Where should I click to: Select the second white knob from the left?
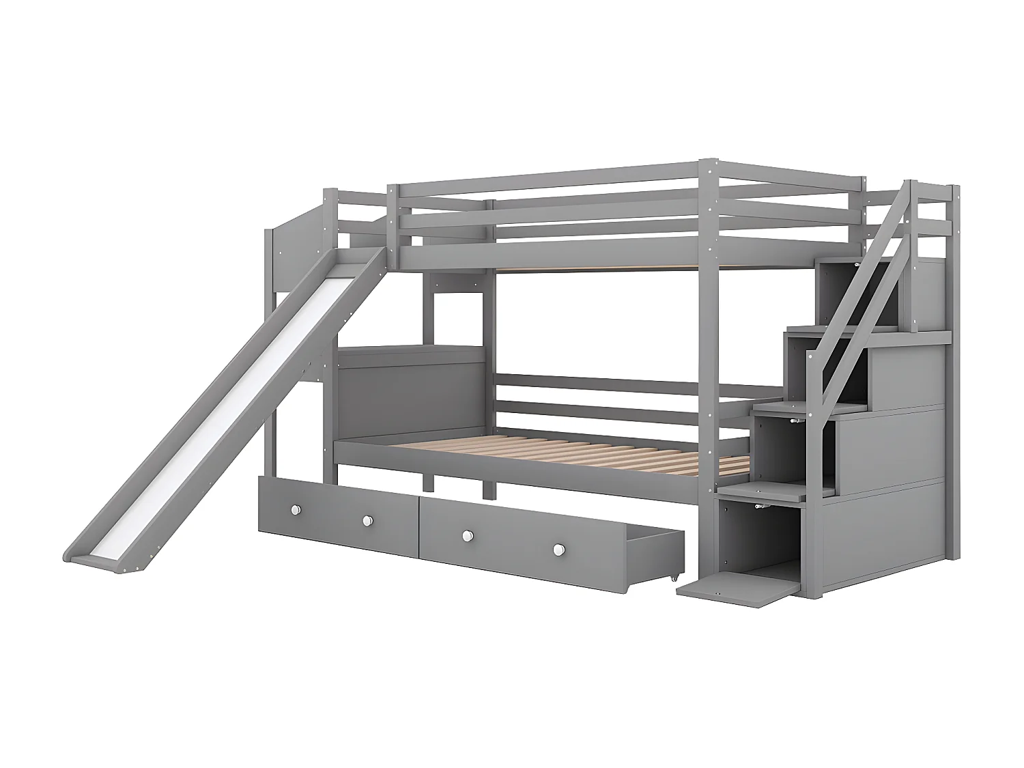click(x=367, y=521)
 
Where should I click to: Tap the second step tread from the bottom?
click(x=778, y=408)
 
